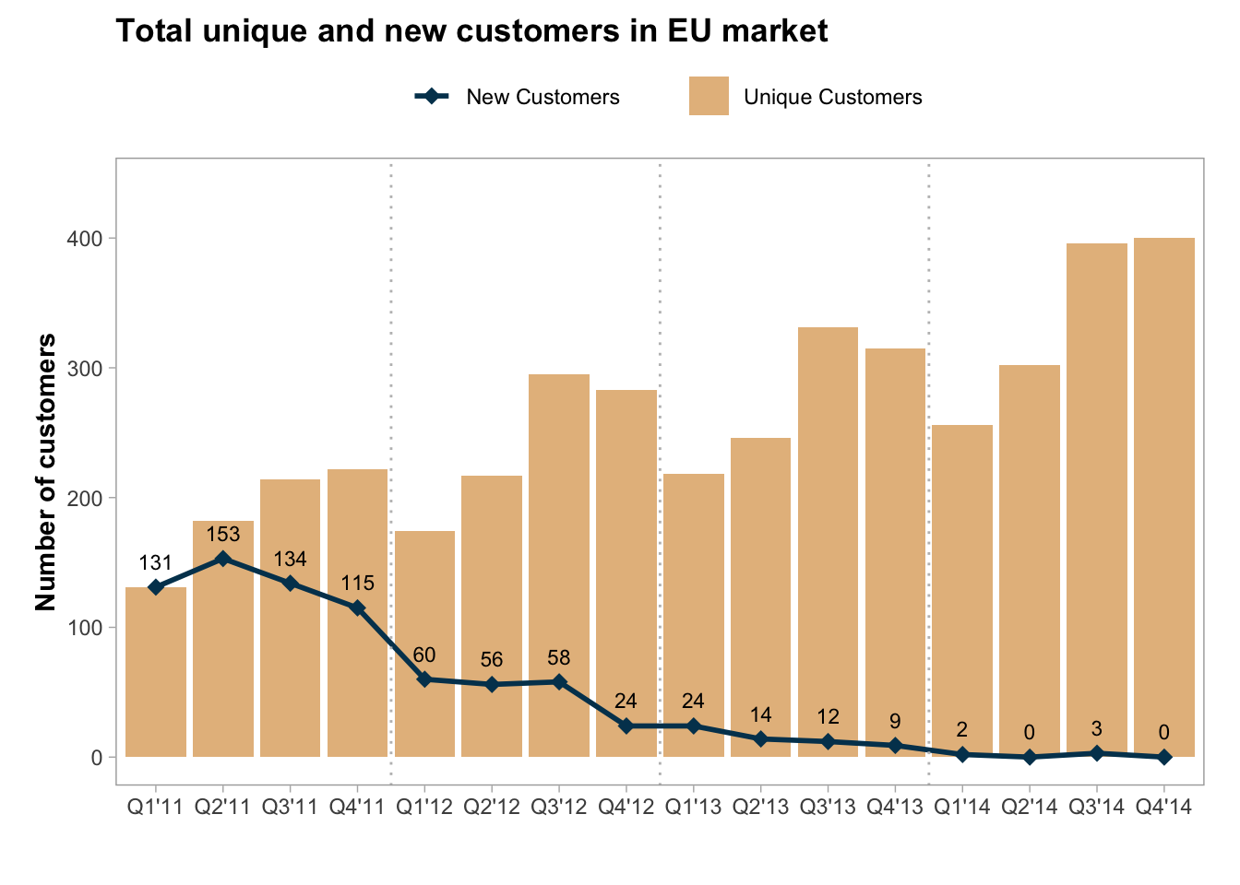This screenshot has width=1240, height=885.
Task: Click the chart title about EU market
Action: click(471, 31)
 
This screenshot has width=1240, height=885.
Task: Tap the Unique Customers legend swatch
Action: click(709, 96)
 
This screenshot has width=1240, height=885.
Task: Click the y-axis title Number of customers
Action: click(46, 472)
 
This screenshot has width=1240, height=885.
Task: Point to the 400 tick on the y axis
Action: click(84, 239)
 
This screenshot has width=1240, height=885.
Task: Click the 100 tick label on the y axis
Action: click(84, 628)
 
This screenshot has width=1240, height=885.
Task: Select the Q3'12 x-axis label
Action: click(559, 808)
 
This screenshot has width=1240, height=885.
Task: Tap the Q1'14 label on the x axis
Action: click(962, 808)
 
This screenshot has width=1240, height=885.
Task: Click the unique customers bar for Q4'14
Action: click(1164, 498)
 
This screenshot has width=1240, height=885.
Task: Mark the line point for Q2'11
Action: click(222, 559)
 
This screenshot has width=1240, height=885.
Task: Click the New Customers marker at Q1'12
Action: click(424, 679)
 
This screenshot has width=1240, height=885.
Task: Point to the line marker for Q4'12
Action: click(626, 726)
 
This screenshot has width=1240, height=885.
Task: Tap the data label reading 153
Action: click(222, 535)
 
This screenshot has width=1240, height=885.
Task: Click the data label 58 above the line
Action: click(559, 658)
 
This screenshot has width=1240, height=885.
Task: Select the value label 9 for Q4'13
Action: click(895, 722)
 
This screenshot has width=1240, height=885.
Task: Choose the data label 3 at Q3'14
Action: click(1097, 729)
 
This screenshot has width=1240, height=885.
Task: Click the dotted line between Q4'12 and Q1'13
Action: click(660, 461)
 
